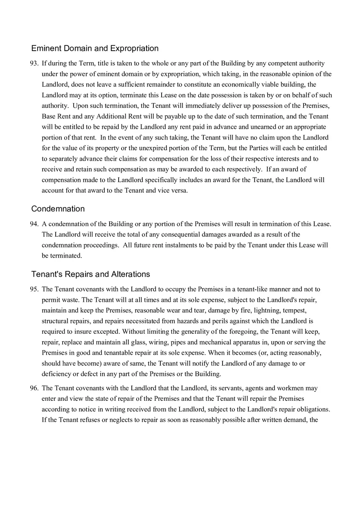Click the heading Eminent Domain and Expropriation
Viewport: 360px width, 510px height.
95,48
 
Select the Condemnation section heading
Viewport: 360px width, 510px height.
58,209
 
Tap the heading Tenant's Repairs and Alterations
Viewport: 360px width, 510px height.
91,274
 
